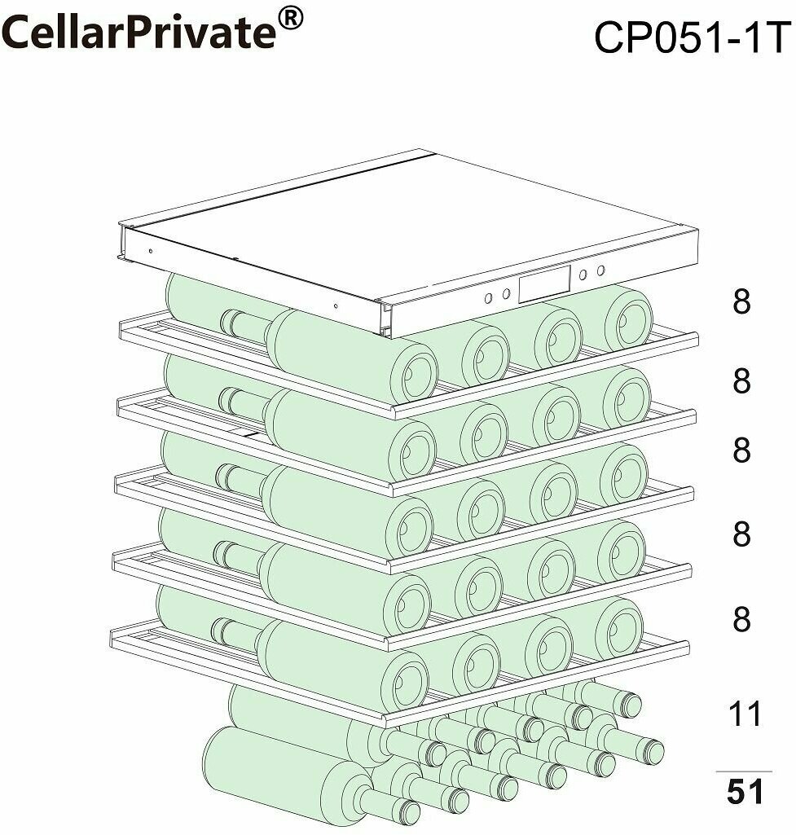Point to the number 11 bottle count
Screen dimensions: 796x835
tap(744, 714)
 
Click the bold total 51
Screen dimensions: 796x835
tap(744, 792)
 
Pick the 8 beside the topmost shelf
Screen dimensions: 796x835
tap(741, 302)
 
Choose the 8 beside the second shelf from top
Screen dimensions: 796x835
tap(741, 380)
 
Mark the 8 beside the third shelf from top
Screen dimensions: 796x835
tap(741, 450)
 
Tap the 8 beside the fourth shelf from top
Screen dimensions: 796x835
tap(741, 534)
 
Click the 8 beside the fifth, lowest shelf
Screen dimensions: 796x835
tap(741, 620)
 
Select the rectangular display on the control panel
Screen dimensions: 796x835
tap(545, 284)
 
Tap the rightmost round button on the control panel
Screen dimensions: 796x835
tap(601, 270)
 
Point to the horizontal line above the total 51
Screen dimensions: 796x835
tap(744, 771)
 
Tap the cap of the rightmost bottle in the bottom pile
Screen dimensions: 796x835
tap(649, 749)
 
